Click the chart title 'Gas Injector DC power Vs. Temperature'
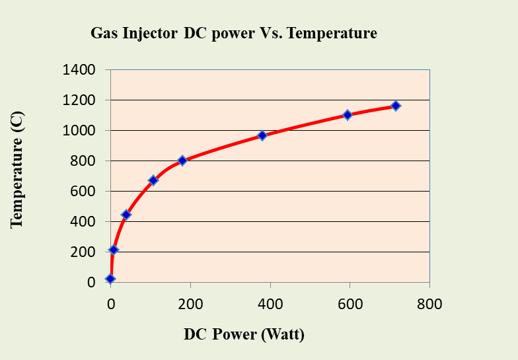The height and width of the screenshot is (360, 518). coord(234,33)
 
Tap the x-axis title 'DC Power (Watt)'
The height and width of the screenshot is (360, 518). coord(244,334)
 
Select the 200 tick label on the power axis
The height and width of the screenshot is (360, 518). coord(190,305)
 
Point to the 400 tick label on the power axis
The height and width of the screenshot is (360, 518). coord(270,305)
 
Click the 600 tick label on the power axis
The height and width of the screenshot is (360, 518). coord(350,305)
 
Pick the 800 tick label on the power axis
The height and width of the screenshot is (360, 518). coord(429,305)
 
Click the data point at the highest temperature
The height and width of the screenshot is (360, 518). coord(395,106)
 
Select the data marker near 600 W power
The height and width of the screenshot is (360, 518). coord(348,115)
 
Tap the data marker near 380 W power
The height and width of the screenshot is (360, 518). coord(262,135)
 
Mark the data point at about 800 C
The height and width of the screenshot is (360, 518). coord(182,161)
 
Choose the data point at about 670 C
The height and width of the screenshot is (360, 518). coord(153,180)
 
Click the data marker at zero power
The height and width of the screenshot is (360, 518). coord(110,279)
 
